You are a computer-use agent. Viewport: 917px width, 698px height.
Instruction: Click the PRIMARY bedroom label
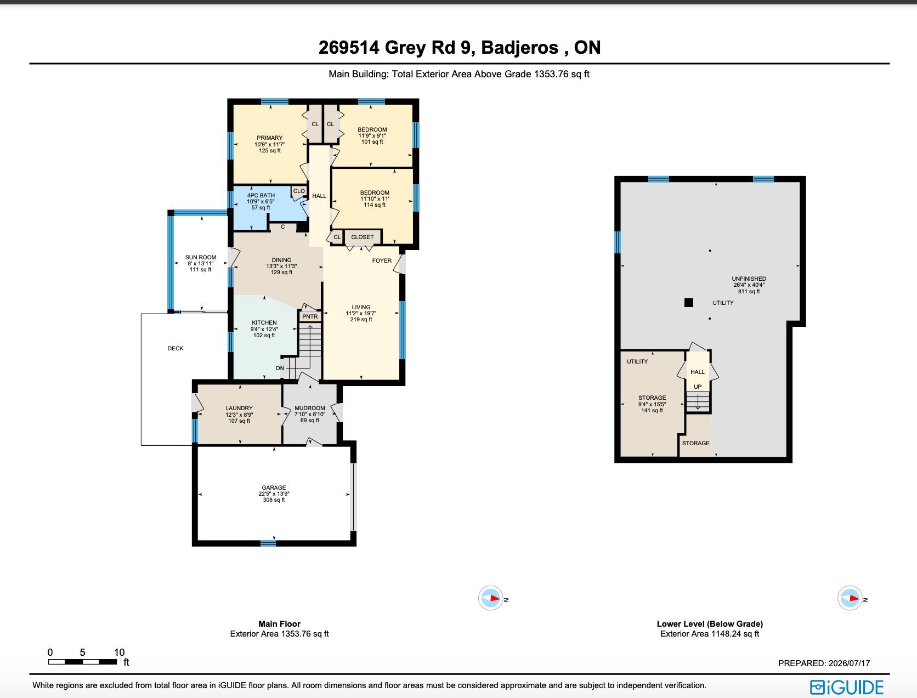pyautogui.click(x=269, y=138)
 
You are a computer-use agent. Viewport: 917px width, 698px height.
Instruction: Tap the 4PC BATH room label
pyautogui.click(x=261, y=195)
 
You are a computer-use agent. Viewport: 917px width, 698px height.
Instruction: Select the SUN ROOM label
pyautogui.click(x=201, y=258)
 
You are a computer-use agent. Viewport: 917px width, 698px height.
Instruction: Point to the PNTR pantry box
pyautogui.click(x=310, y=316)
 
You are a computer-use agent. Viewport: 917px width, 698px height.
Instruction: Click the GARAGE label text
pyautogui.click(x=274, y=487)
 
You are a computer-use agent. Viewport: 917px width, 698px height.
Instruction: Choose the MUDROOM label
pyautogui.click(x=309, y=408)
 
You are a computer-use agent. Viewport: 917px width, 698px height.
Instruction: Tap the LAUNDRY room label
pyautogui.click(x=239, y=408)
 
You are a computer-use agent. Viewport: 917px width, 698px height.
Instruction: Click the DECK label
pyautogui.click(x=176, y=348)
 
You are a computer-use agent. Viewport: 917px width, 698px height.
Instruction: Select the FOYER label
pyautogui.click(x=382, y=260)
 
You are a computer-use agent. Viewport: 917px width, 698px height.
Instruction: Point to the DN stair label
pyautogui.click(x=280, y=368)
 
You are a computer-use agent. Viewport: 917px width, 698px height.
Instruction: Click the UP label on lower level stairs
pyautogui.click(x=698, y=387)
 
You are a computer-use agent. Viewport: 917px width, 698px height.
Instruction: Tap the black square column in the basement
pyautogui.click(x=689, y=303)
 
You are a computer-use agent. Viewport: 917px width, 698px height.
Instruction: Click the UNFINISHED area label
pyautogui.click(x=749, y=279)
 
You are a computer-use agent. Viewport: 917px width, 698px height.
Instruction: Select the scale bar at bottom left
pyautogui.click(x=82, y=662)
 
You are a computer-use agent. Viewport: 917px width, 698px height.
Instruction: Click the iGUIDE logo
pyautogui.click(x=847, y=687)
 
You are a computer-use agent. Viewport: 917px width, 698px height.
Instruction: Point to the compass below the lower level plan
pyautogui.click(x=850, y=598)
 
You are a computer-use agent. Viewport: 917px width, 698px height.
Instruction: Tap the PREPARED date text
pyautogui.click(x=824, y=663)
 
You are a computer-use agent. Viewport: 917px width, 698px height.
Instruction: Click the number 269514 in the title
pyautogui.click(x=349, y=48)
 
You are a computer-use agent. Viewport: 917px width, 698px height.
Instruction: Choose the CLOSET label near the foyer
pyautogui.click(x=362, y=237)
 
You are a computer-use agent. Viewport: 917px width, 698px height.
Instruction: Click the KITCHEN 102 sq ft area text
pyautogui.click(x=264, y=335)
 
